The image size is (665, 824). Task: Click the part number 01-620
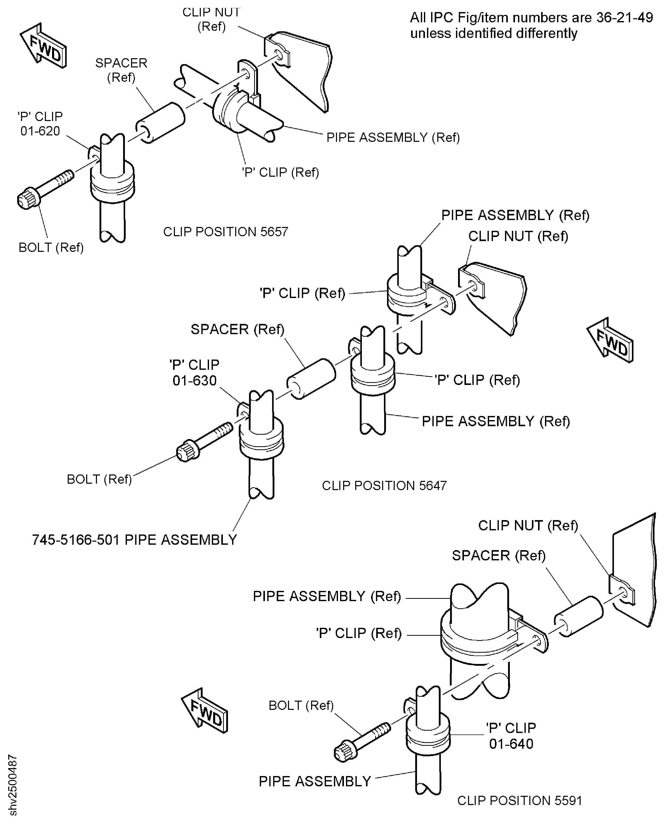click(40, 131)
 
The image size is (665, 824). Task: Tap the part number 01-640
click(511, 743)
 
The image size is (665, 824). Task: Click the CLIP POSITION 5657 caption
click(226, 232)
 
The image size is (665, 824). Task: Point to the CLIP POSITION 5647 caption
click(384, 486)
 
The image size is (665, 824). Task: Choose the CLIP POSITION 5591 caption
click(520, 801)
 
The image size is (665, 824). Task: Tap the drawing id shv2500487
click(13, 785)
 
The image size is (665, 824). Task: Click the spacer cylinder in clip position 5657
click(161, 123)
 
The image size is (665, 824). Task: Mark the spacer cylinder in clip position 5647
click(311, 379)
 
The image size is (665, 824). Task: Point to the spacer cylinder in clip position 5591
click(578, 616)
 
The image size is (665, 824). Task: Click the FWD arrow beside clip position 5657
click(43, 46)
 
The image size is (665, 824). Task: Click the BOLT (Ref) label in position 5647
click(99, 479)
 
